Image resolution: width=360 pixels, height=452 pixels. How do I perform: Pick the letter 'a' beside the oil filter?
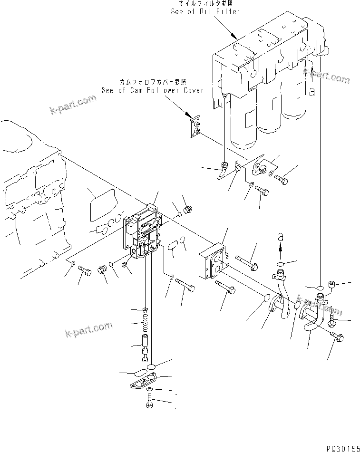[312, 93]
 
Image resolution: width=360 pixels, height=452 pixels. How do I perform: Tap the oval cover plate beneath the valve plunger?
[144, 383]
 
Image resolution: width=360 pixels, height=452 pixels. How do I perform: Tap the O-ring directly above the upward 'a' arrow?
[281, 264]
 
